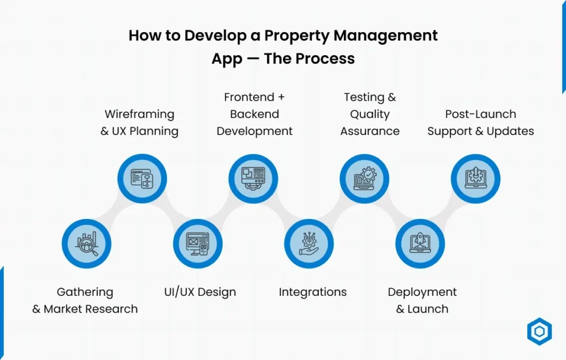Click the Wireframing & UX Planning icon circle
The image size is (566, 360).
tap(142, 179)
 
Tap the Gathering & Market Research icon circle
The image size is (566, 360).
tap(86, 244)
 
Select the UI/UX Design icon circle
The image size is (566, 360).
tap(197, 244)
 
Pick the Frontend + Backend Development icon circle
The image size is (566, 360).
tap(254, 179)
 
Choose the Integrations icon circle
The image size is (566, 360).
tap(309, 244)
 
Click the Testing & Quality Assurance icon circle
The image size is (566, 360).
tap(365, 179)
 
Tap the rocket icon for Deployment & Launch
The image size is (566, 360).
tap(420, 244)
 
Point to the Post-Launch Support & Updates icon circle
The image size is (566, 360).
tap(475, 179)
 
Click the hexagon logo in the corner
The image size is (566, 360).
tap(539, 332)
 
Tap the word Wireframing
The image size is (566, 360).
tap(139, 114)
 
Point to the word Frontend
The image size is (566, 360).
tap(249, 97)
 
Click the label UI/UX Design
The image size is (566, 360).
tap(200, 292)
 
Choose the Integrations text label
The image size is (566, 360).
tap(313, 292)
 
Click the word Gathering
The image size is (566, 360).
tap(85, 292)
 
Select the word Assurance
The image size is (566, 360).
tap(370, 132)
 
